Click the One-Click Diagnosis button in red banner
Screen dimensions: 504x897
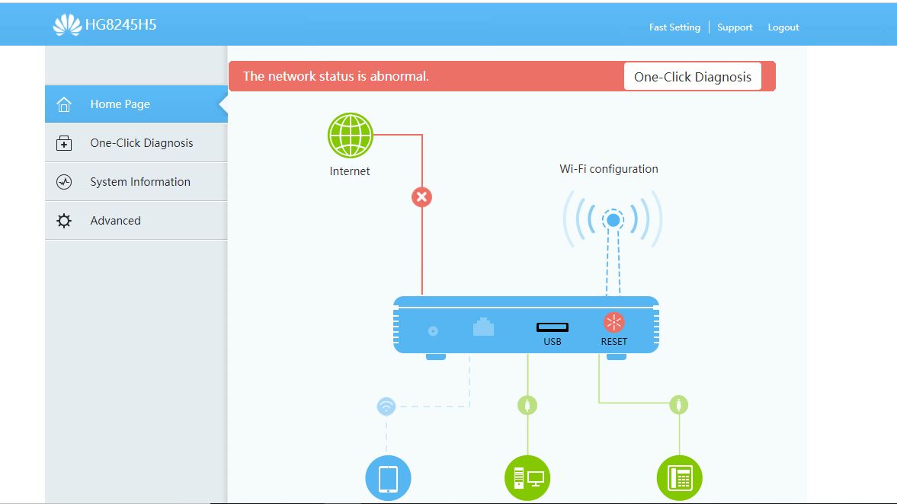[692, 77]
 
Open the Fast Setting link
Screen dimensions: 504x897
[674, 27]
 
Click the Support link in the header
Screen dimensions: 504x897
[735, 27]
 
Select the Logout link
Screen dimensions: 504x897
[783, 27]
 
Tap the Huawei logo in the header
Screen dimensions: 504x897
[67, 25]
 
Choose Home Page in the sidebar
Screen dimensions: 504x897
[120, 104]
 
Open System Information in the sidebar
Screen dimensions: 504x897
[140, 182]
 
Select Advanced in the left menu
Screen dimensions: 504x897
[115, 221]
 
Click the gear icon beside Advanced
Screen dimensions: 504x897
[64, 221]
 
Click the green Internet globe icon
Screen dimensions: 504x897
[350, 136]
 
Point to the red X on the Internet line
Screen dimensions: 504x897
[421, 197]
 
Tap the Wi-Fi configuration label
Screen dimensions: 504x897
[609, 169]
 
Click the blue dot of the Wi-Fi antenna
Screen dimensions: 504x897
[613, 221]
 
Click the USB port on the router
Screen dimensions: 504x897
[552, 327]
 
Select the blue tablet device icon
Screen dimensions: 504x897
[388, 479]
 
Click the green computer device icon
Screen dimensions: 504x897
[527, 479]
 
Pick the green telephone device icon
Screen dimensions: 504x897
[679, 479]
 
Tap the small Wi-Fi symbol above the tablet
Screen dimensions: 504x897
[386, 407]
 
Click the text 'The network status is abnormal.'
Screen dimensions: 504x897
[336, 77]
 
